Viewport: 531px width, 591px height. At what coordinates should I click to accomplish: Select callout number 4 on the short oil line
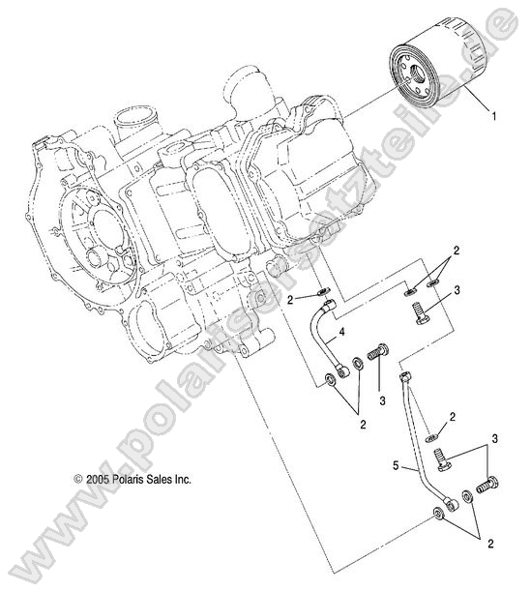click(342, 334)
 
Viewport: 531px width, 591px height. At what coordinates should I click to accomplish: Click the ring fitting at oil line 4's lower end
click(335, 377)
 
